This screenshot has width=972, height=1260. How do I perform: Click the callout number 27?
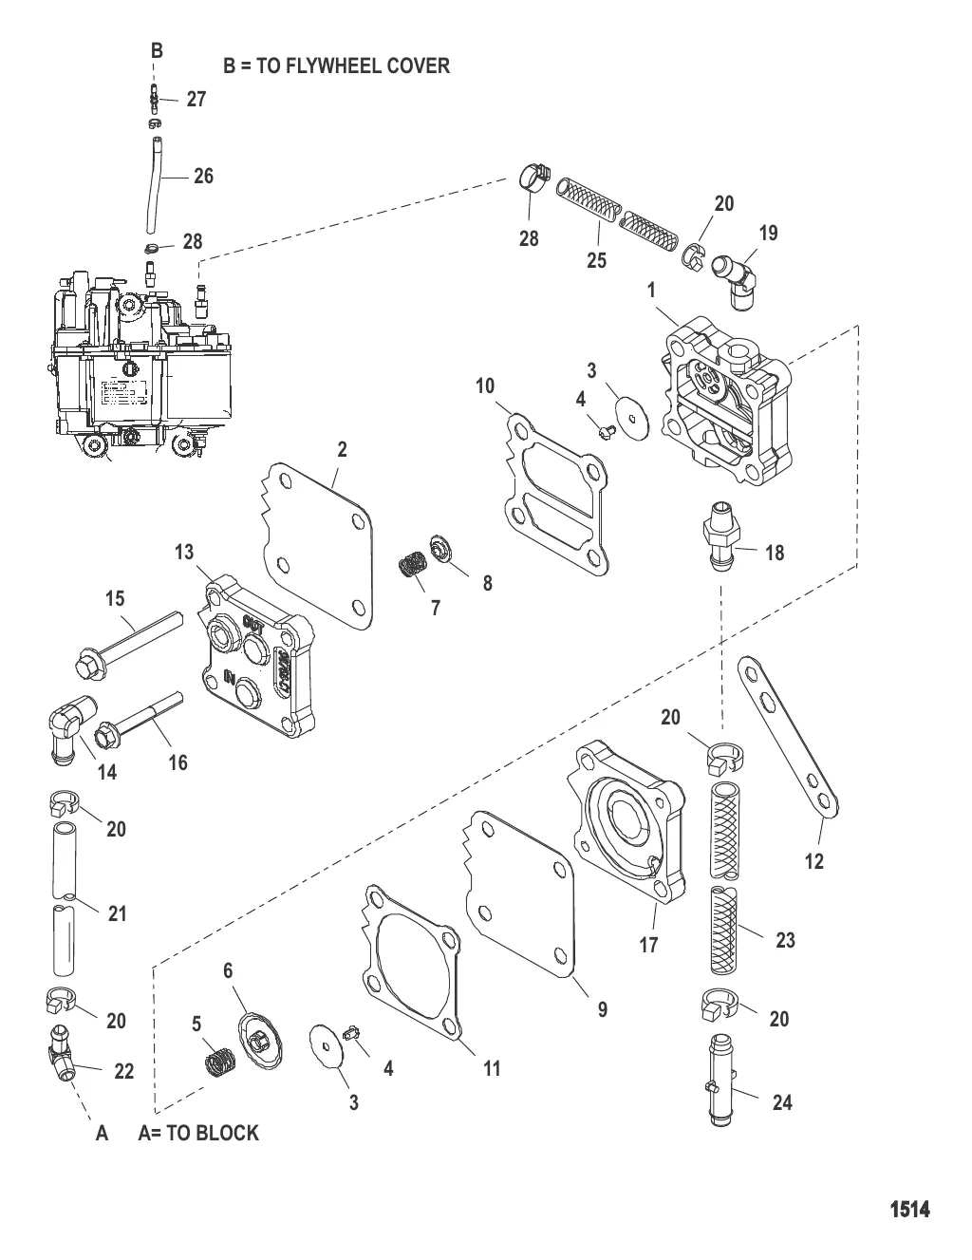click(x=196, y=99)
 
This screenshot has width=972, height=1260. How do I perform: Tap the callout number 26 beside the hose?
click(x=203, y=176)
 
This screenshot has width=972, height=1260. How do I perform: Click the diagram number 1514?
click(x=908, y=1209)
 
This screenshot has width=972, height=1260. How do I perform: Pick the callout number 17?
click(x=648, y=945)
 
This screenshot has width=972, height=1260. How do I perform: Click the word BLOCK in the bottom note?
click(x=227, y=1133)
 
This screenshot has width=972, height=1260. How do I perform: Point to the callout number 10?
click(x=485, y=386)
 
